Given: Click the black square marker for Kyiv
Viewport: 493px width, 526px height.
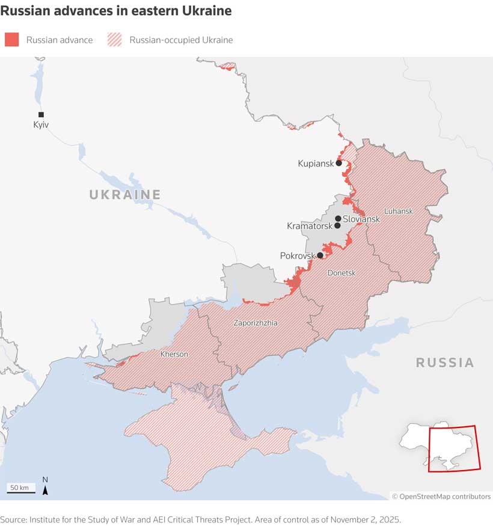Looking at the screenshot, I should [41, 114].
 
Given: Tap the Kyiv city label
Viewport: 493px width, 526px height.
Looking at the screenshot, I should [41, 125].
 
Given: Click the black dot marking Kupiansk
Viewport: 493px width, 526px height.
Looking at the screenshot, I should [339, 163].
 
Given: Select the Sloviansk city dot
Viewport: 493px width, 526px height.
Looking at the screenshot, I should [338, 219].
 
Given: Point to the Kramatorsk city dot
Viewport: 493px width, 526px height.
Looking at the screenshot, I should [338, 226].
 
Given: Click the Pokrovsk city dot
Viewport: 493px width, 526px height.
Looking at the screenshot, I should [320, 255].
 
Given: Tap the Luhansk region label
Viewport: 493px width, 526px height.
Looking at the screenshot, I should [398, 211].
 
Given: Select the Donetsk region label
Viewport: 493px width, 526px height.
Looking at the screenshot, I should [341, 273].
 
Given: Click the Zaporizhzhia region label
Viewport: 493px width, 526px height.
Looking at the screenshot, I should [256, 323].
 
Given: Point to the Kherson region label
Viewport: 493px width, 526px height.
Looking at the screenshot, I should [174, 354].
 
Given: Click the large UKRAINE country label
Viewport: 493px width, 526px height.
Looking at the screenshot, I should [125, 195].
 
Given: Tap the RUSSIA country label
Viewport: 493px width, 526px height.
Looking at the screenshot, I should [445, 362].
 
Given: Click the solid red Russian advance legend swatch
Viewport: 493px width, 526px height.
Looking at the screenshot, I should [12, 40].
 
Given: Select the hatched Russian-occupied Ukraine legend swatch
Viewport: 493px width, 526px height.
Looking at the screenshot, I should [114, 40].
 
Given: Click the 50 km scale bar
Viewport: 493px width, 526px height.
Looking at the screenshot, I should [21, 491].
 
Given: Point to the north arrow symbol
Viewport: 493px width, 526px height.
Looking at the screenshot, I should [45, 487].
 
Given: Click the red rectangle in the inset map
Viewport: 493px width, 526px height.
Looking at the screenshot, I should [454, 448].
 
